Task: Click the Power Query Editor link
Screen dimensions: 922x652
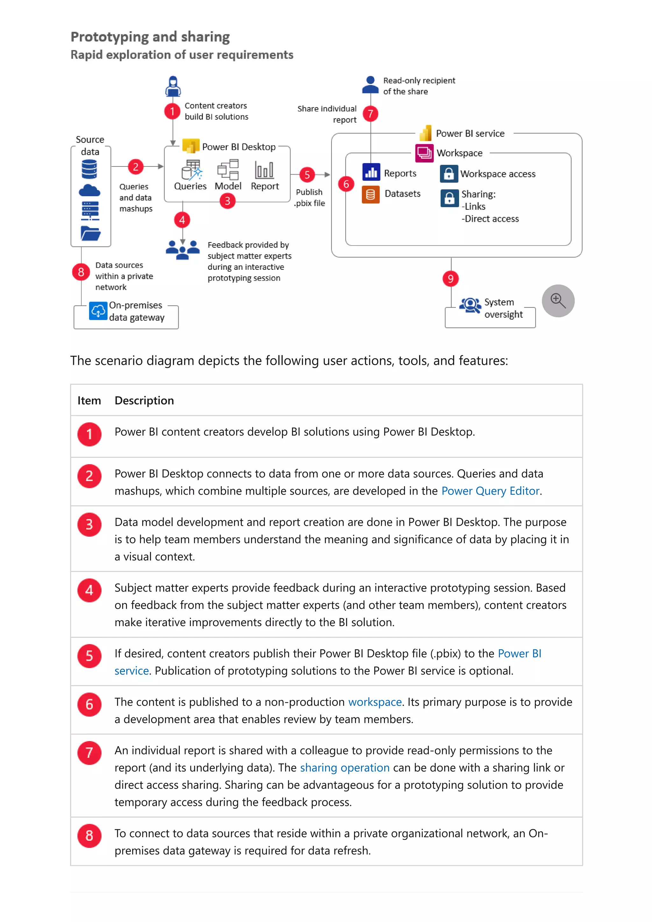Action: [x=490, y=491]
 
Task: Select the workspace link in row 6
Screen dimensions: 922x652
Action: [x=374, y=702]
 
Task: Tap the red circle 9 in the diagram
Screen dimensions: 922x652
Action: [x=450, y=279]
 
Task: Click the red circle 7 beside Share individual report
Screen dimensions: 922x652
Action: [x=370, y=114]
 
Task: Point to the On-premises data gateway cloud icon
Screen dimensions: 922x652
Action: [x=98, y=311]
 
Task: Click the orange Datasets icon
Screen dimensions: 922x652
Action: [x=370, y=195]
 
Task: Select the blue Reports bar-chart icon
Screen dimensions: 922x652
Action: [x=371, y=172]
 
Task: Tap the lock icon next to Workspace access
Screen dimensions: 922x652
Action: [x=448, y=173]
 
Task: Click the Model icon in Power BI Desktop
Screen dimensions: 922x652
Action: [x=228, y=170]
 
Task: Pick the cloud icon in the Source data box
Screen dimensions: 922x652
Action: [x=89, y=190]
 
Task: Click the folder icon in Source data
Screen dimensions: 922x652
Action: [x=90, y=233]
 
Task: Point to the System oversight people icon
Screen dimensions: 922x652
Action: [x=470, y=305]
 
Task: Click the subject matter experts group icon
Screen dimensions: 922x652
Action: [x=182, y=249]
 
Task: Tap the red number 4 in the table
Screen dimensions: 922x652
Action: [x=89, y=590]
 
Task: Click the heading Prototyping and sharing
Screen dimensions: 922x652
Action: [x=150, y=37]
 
